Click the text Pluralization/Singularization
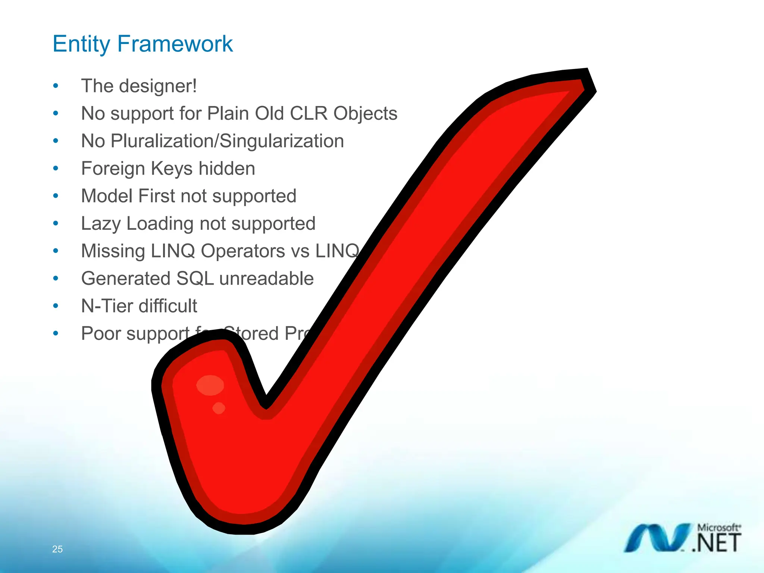click(227, 141)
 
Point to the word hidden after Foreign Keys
click(226, 168)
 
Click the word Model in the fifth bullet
click(107, 196)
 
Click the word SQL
click(195, 279)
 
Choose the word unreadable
click(266, 279)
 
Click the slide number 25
click(57, 549)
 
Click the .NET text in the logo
click(717, 543)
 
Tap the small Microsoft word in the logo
click(718, 527)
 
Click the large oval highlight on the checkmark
click(210, 385)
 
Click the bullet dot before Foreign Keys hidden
click(56, 168)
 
